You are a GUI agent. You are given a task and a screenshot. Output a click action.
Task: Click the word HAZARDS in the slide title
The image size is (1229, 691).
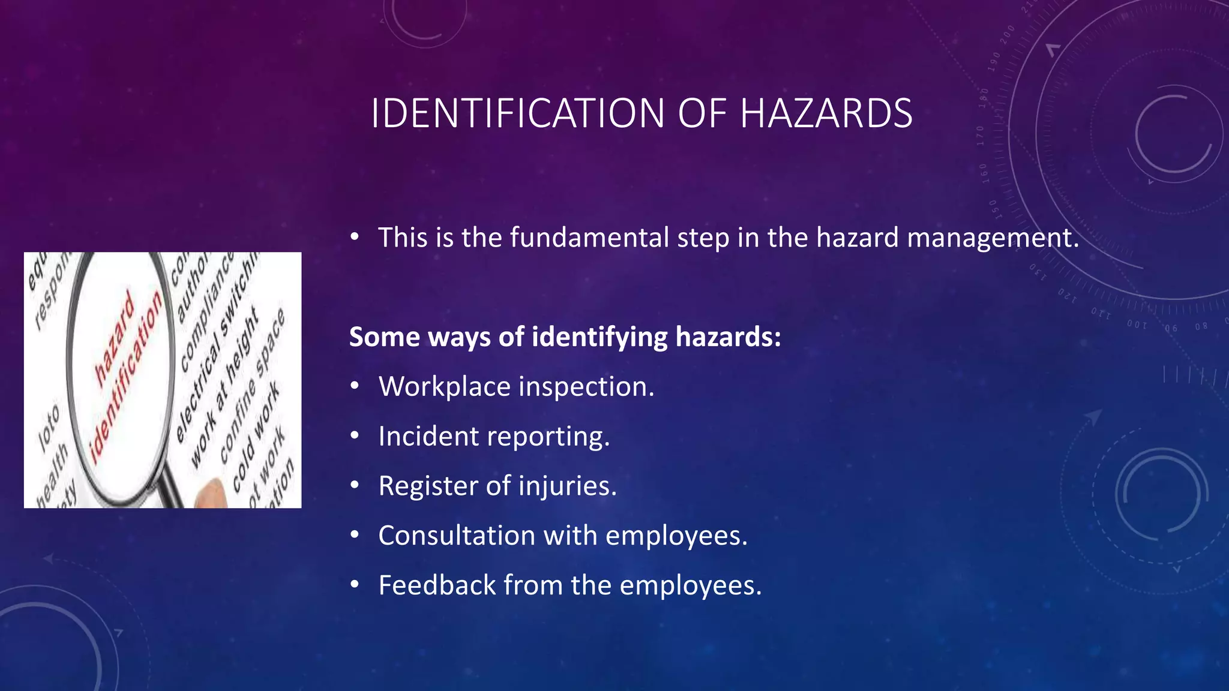(826, 113)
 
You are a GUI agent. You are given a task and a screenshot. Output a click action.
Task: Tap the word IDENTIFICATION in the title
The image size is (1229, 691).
(518, 113)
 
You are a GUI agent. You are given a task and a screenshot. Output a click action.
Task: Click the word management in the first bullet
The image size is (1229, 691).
(993, 238)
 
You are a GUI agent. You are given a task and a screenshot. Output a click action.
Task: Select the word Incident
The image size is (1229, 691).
(428, 436)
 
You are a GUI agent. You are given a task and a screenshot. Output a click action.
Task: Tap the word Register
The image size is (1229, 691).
(427, 486)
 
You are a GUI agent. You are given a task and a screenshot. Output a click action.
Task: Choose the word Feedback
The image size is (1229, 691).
(437, 585)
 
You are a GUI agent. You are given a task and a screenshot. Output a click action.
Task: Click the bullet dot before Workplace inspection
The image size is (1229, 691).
(355, 387)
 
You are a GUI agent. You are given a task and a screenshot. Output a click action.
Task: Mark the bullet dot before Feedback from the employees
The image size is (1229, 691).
(355, 585)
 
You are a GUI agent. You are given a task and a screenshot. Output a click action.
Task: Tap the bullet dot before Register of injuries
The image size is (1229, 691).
(355, 486)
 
